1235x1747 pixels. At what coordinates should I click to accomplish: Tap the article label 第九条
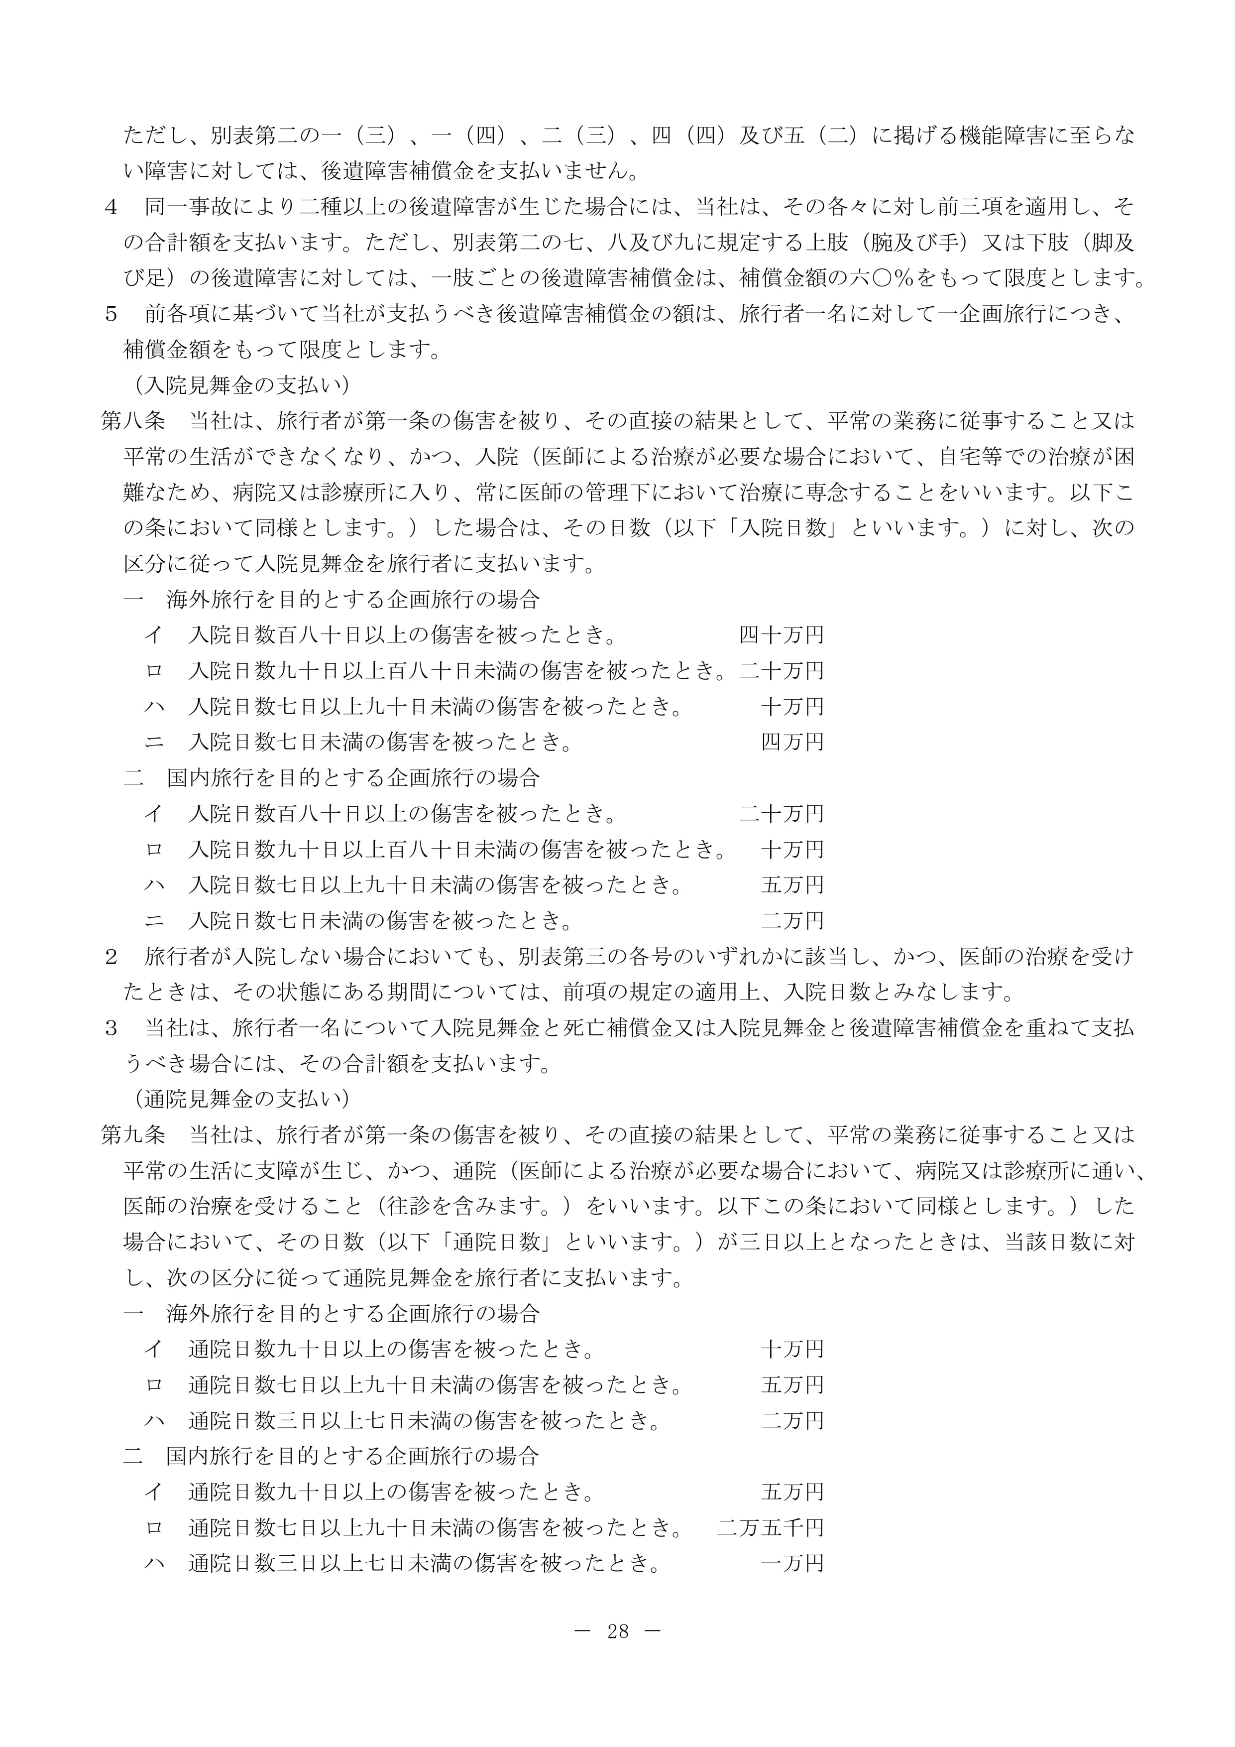tap(133, 1134)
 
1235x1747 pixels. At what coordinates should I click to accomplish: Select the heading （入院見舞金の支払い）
tap(237, 385)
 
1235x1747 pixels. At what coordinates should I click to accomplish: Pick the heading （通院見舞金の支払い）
tap(237, 1099)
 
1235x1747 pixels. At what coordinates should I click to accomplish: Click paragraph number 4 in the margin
tap(111, 207)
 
